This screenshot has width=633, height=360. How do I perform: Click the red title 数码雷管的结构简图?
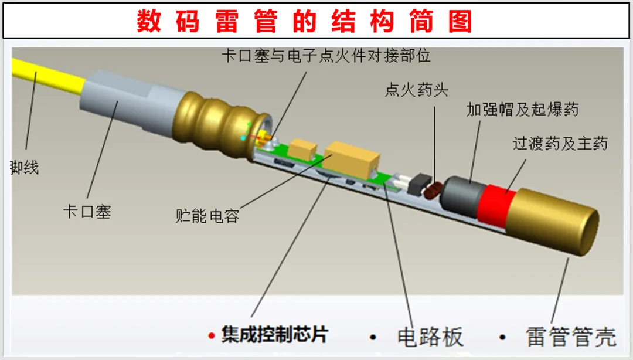click(305, 22)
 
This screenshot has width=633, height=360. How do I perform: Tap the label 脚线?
click(25, 168)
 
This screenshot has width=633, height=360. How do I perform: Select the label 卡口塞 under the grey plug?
click(87, 211)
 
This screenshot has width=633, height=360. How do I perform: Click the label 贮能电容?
click(207, 215)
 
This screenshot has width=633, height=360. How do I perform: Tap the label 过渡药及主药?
click(560, 143)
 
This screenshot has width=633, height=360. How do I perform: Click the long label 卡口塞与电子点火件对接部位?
click(326, 56)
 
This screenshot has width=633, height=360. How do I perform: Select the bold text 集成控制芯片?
click(275, 335)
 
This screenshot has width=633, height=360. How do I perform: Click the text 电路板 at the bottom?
click(430, 337)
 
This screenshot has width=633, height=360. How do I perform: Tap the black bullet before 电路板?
click(372, 337)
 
